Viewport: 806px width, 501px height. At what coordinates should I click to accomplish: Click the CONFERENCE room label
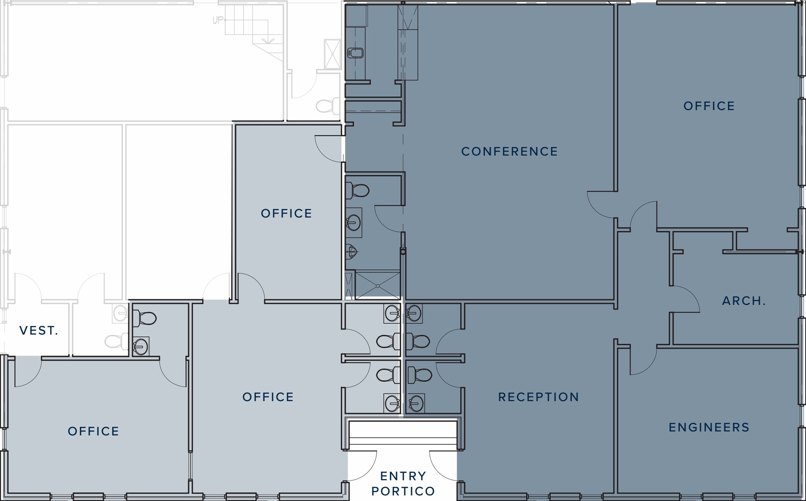[x=509, y=151]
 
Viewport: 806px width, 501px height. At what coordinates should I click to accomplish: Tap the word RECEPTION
[x=538, y=397]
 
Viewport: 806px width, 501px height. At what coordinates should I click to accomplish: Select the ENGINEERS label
[x=709, y=427]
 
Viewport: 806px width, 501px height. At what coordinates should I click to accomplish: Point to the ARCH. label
[x=744, y=301]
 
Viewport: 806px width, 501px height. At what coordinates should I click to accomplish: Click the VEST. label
[x=39, y=331]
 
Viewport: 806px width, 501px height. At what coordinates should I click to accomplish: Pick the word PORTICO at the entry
[x=403, y=491]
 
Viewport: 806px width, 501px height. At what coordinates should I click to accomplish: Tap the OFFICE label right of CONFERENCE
[x=709, y=106]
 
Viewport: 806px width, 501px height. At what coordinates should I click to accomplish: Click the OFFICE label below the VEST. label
[x=93, y=431]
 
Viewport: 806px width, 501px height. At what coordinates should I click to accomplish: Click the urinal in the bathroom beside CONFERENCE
[x=351, y=252]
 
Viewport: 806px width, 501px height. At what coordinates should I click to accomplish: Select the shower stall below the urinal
[x=377, y=285]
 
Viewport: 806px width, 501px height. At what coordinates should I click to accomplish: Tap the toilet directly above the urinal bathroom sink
[x=357, y=191]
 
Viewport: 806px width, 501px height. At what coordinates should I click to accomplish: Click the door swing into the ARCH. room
[x=685, y=299]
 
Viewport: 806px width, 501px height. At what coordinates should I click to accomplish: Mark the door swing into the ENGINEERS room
[x=643, y=361]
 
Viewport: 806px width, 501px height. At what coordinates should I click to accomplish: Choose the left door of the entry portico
[x=362, y=466]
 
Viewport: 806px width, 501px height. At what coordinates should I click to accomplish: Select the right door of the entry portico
[x=443, y=466]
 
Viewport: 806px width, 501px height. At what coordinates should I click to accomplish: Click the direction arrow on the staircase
[x=268, y=40]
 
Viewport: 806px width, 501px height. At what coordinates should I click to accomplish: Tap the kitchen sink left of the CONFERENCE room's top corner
[x=355, y=53]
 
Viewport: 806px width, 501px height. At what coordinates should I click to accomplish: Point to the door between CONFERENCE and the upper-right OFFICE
[x=601, y=205]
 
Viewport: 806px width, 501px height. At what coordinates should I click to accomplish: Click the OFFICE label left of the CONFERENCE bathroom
[x=287, y=214]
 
